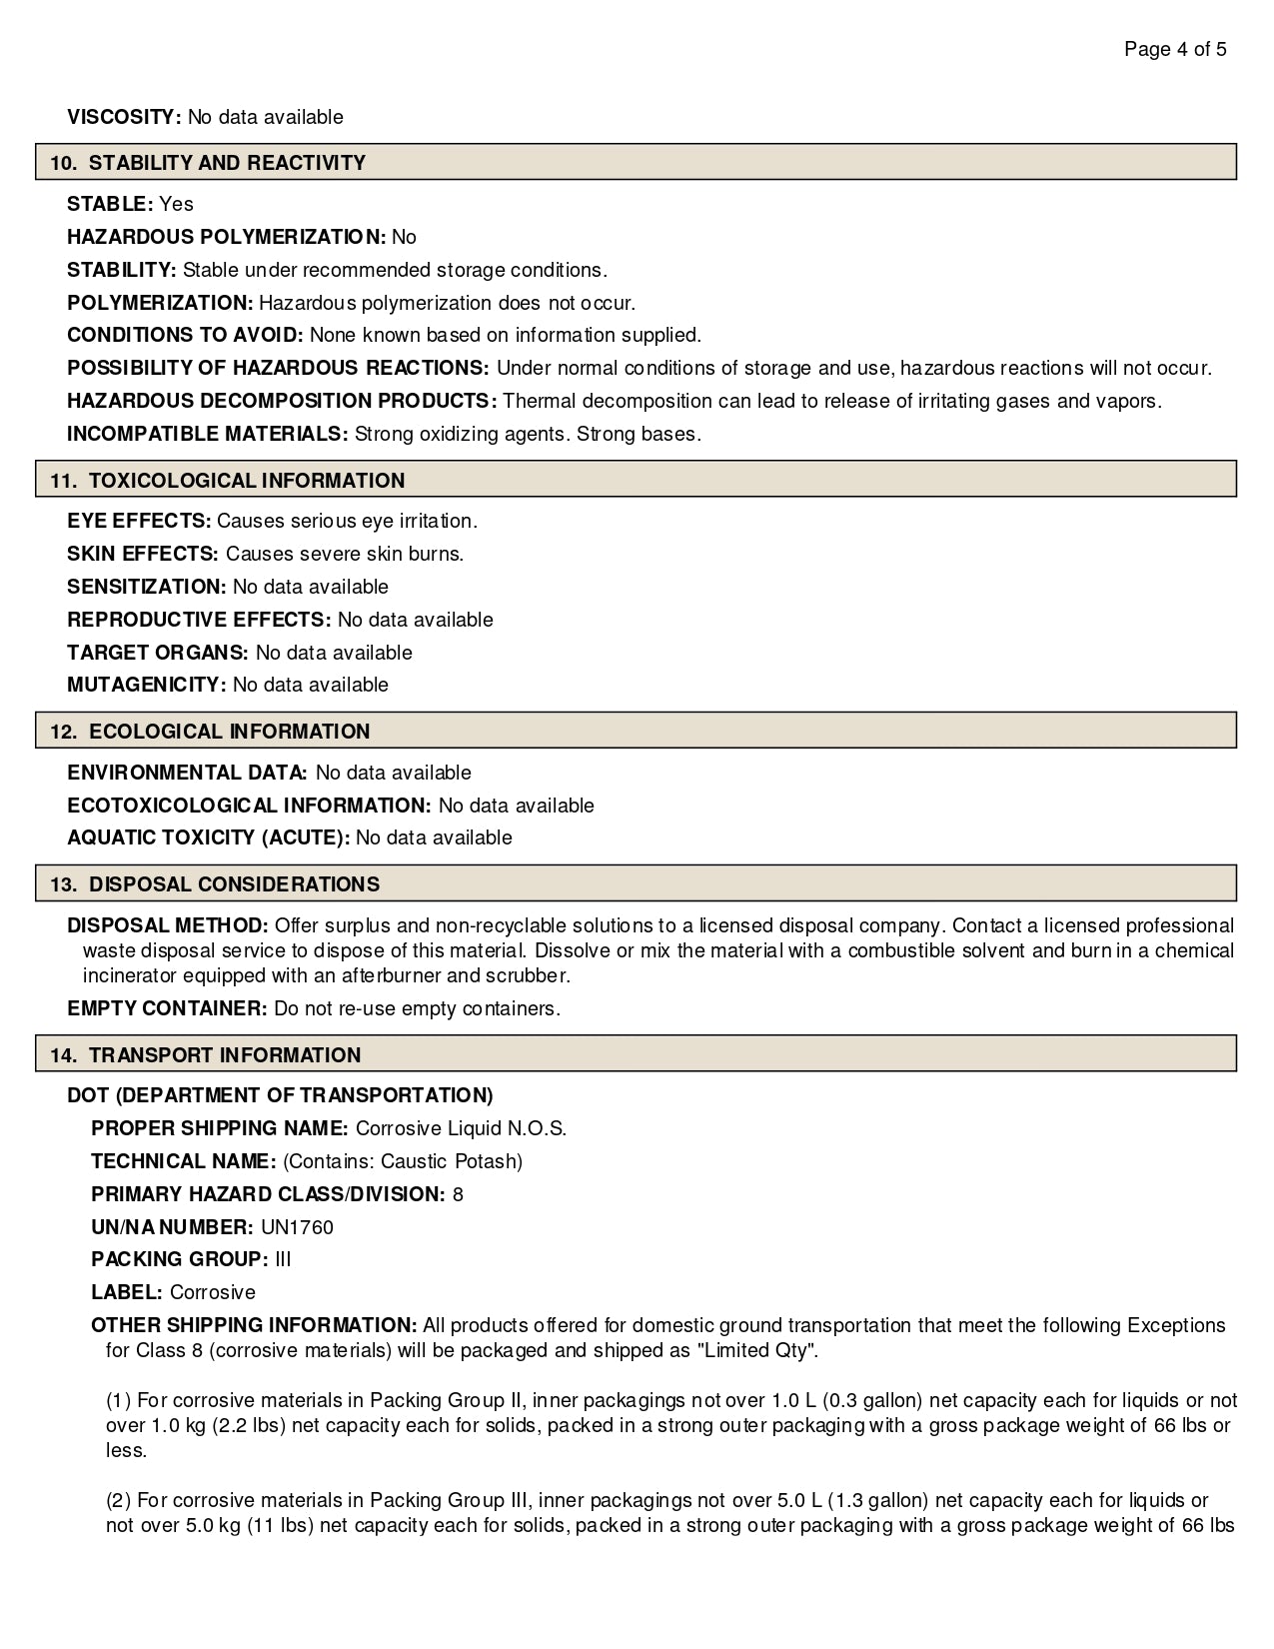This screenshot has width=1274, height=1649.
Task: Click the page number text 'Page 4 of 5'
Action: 1175,50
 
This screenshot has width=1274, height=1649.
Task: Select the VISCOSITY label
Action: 124,117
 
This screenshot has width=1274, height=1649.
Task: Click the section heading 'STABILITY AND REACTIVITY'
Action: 227,163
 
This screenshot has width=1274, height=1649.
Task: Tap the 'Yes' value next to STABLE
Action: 176,204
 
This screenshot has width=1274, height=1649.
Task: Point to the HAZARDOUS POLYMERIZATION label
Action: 226,237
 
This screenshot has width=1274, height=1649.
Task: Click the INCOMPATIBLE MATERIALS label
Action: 207,434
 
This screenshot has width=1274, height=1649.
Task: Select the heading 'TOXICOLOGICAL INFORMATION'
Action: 246,481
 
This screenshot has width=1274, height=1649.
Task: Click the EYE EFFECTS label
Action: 139,521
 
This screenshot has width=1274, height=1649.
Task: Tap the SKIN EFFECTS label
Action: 142,554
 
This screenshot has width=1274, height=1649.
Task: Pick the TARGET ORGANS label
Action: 157,653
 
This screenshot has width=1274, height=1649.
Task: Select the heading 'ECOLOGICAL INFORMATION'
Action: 229,732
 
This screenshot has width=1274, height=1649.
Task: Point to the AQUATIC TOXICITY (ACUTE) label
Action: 208,837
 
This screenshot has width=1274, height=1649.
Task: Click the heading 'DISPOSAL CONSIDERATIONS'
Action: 234,884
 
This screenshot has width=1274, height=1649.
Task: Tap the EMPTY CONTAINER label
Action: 167,1008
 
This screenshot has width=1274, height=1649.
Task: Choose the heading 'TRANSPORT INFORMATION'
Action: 224,1055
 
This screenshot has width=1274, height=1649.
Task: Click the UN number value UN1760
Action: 297,1227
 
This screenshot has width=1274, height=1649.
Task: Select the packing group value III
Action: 283,1259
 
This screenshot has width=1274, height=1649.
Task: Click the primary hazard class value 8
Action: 458,1194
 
